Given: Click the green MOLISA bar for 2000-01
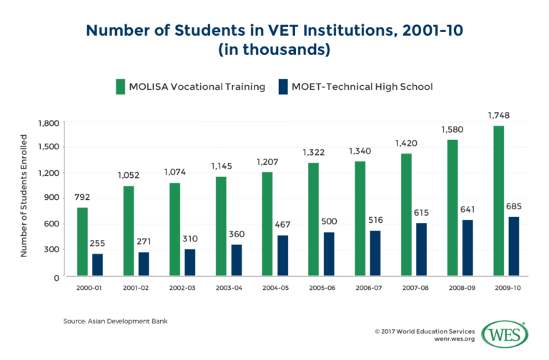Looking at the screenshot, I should pos(81,241).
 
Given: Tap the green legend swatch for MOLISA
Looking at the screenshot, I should pos(120,86).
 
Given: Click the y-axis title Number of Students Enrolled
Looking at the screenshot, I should pos(23,199).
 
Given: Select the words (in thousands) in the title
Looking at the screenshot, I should pos(274,50).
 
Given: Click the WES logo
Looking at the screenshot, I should pos(505,334).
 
